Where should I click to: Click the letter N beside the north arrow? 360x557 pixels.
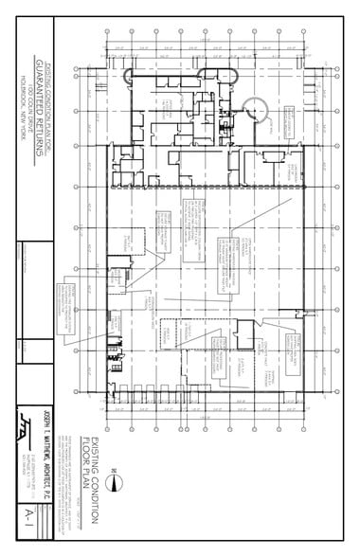click(111, 467)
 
